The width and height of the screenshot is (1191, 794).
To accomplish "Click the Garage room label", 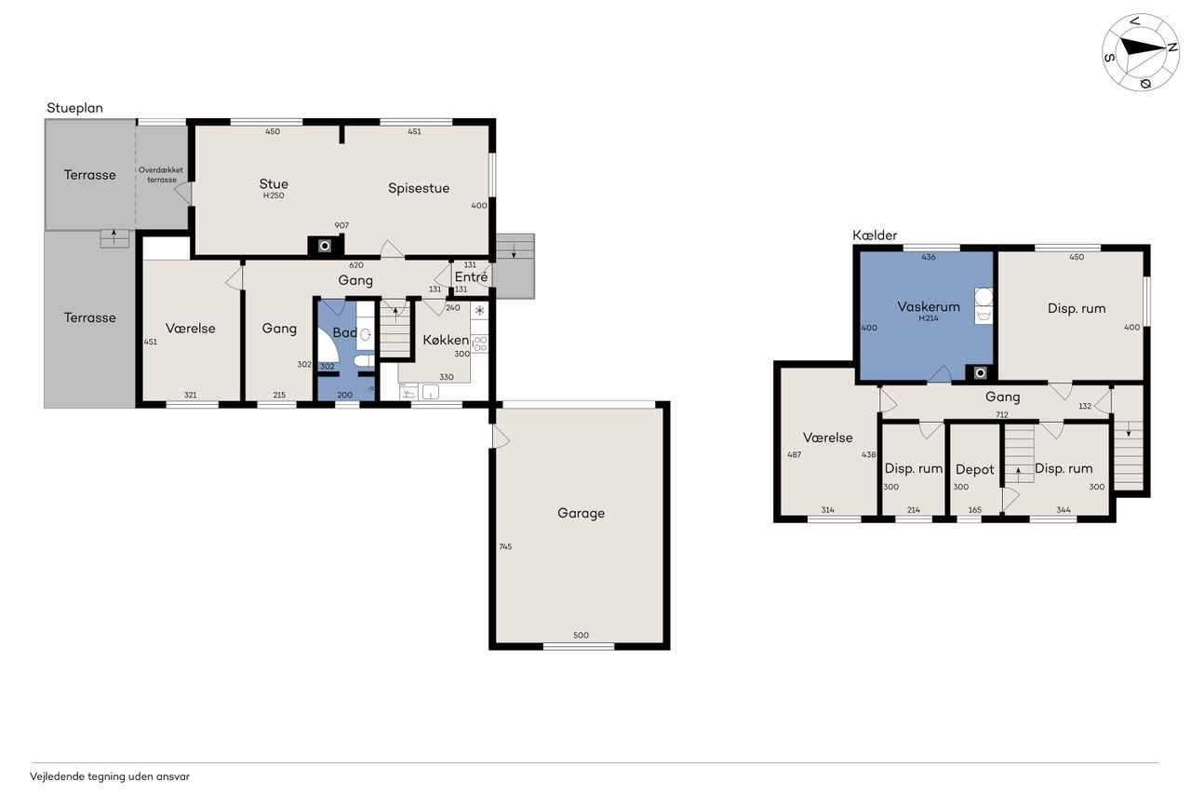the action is (581, 513).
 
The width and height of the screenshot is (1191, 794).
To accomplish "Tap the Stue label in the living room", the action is (274, 183).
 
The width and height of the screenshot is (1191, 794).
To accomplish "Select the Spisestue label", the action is (419, 188).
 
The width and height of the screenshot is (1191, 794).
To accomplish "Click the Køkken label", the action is (446, 340).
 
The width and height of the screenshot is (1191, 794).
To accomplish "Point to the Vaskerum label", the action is (929, 306).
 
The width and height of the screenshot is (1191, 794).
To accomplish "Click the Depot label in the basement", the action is (974, 469).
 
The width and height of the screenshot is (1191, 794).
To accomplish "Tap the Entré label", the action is (471, 276).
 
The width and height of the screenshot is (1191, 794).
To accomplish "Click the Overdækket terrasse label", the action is (161, 174).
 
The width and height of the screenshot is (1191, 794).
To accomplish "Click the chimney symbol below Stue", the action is (325, 246).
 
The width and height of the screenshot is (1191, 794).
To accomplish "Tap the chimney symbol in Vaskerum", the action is (980, 373).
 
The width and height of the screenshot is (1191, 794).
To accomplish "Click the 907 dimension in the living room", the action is (341, 225).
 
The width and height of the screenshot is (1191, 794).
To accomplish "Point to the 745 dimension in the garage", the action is (505, 546).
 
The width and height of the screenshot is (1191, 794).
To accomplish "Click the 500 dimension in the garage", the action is (581, 635).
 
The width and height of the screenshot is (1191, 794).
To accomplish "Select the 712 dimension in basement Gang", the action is (1002, 415).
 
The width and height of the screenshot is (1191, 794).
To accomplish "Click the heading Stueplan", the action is (75, 108).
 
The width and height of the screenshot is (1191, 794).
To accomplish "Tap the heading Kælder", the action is (875, 236).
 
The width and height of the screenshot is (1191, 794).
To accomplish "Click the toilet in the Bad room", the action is (364, 361).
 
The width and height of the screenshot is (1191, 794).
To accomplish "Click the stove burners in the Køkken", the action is (479, 343).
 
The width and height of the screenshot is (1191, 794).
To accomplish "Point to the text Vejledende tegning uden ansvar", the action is (110, 776).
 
